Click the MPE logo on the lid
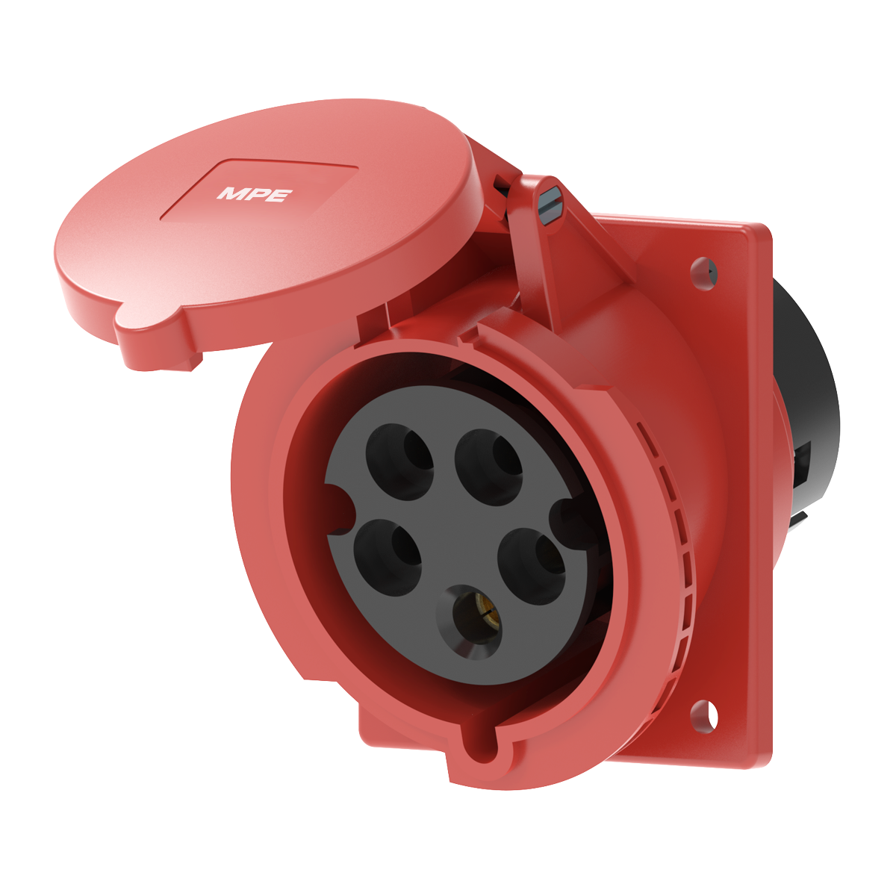[x=255, y=194]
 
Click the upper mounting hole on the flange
[x=702, y=269]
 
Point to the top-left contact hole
[x=399, y=461]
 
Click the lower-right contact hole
[x=531, y=565]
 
